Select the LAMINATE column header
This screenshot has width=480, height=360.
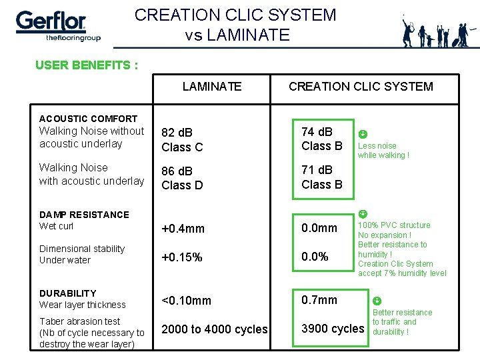212,86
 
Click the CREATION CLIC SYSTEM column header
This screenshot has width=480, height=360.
361,86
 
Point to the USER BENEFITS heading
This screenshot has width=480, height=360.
87,65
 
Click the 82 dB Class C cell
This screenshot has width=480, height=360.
182,140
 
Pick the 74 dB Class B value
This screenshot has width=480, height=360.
321,139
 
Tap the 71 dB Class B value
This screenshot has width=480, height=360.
321,177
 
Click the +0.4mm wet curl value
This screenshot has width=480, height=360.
183,229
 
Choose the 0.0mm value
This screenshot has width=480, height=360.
319,228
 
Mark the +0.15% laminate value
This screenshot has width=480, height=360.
182,257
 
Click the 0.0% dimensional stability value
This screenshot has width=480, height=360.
315,257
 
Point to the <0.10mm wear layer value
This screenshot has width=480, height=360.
186,301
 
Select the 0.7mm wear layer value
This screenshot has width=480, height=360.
319,300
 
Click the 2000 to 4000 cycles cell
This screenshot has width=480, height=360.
215,329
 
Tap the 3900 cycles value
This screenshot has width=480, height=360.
333,329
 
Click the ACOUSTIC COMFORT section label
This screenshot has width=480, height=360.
88,119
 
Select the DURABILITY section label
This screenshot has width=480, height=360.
67,293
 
